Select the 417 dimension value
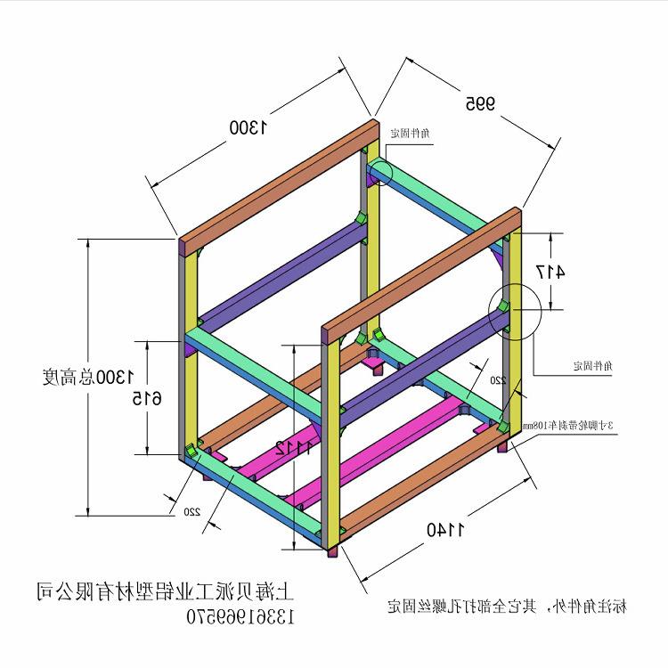coord(550,272)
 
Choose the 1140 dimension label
coord(446,530)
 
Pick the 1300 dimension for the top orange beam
coord(248,127)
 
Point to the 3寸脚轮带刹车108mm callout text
coord(569,426)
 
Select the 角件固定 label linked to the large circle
coord(590,365)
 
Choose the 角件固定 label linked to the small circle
coord(411,133)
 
